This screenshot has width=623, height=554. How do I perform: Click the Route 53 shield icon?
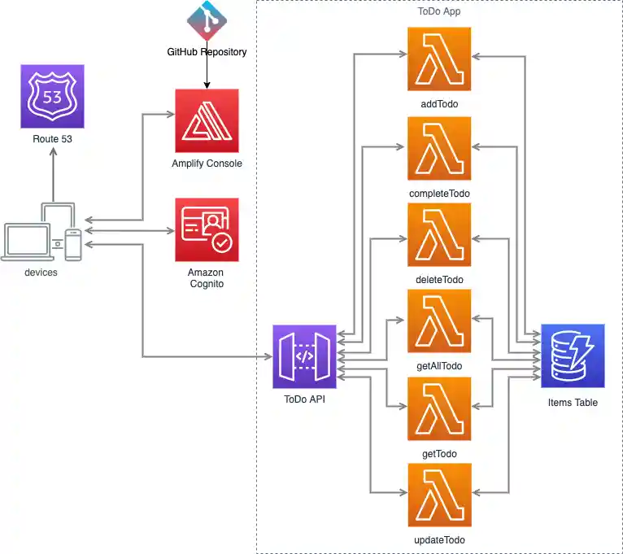coord(52,98)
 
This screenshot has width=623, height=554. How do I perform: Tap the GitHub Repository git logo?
coord(207,20)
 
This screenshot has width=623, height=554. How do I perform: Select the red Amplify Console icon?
coord(207,120)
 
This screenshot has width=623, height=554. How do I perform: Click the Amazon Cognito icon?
coord(207,229)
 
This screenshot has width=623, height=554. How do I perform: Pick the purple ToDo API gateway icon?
coord(305,356)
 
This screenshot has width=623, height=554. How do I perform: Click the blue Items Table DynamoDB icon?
coord(573,356)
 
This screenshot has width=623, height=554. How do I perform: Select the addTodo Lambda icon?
coord(439,59)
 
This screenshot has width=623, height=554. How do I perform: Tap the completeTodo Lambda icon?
coord(439,148)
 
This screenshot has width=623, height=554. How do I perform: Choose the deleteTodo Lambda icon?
coord(439,234)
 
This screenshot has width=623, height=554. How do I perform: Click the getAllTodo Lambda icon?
coord(439,321)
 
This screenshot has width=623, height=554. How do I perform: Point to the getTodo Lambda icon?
coord(439,408)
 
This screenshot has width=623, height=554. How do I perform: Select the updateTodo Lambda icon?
coord(439,495)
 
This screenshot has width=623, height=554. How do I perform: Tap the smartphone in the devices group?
coord(73,245)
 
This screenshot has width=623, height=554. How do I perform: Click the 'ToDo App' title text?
coord(439,11)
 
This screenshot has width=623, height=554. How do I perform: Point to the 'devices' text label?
coord(41,273)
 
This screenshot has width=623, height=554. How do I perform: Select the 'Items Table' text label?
coord(573,403)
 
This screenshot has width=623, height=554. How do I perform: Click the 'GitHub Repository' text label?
coord(207,52)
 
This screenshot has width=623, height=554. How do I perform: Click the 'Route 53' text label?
coord(52,139)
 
